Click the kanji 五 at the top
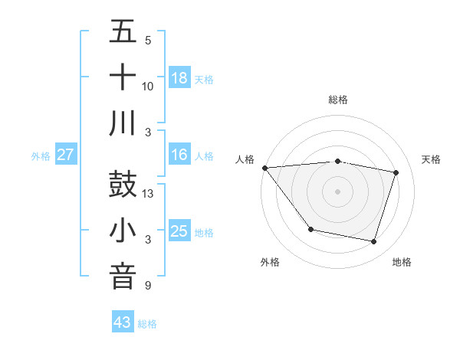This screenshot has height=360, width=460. click(x=123, y=32)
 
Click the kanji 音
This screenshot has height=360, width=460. click(x=123, y=277)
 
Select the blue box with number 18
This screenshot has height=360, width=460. click(x=179, y=77)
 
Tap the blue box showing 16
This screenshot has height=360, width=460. click(x=179, y=155)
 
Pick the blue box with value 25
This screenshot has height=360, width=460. click(x=179, y=231)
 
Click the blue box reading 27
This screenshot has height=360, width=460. click(x=65, y=155)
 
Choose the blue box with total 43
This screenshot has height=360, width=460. click(x=123, y=322)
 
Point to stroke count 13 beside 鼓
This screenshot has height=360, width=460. click(x=149, y=194)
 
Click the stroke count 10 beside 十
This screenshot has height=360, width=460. click(x=148, y=86)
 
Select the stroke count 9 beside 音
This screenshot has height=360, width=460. click(x=148, y=286)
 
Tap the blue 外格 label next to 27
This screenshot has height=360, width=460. click(x=41, y=155)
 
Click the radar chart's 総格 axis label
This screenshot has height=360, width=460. click(x=338, y=100)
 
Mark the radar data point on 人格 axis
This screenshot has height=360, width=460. click(x=264, y=168)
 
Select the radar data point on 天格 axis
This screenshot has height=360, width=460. click(x=396, y=172)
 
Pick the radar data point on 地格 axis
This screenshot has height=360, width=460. click(x=373, y=241)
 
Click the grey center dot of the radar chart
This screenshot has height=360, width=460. click(x=338, y=191)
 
